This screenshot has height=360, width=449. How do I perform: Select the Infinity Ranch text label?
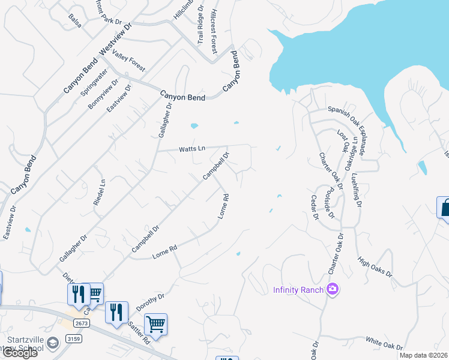pyautogui.click(x=298, y=290)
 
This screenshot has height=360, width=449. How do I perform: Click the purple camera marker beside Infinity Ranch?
pyautogui.click(x=332, y=290)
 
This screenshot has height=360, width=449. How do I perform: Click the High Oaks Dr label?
pyautogui.click(x=374, y=267)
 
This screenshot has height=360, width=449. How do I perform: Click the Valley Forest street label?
pyautogui.click(x=129, y=62)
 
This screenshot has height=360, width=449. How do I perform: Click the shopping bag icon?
pyautogui.click(x=444, y=208)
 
